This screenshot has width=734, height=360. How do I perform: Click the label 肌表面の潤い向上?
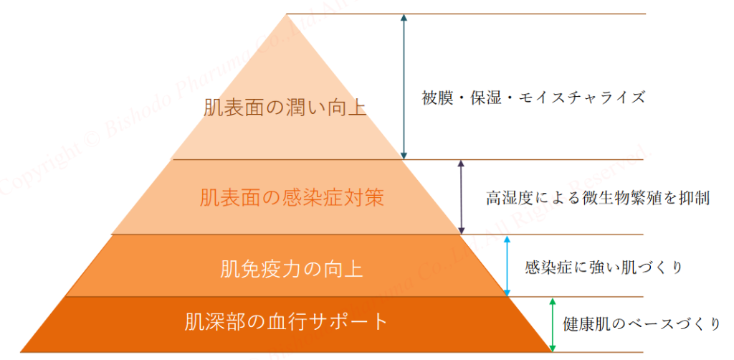pos(285,109)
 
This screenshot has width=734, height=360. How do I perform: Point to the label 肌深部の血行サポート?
pos(286,321)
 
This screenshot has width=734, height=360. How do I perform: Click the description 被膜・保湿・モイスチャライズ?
pos(534,97)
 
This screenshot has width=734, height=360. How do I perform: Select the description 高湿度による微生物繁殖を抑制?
pos(598,199)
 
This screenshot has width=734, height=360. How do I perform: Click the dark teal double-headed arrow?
pos(404,86)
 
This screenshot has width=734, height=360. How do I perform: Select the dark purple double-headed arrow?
pos(461,196)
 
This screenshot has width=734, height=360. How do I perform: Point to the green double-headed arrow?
pos(552,323)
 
